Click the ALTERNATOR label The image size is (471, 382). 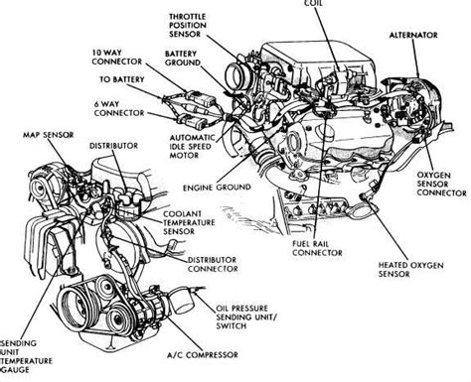[x=413, y=35]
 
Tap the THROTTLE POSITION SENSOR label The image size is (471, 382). [x=188, y=25]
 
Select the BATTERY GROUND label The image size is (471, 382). [x=183, y=58]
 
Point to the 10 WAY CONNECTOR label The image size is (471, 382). [x=117, y=57]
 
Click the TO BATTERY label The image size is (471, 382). [x=122, y=79]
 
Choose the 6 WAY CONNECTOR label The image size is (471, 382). [x=119, y=108]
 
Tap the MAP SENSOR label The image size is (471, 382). [x=49, y=135]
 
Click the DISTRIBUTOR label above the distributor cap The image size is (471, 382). [x=113, y=146]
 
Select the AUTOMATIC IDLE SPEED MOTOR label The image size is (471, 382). [x=192, y=146]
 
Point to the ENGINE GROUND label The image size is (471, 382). [x=217, y=188]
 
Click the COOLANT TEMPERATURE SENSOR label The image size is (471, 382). [x=189, y=222]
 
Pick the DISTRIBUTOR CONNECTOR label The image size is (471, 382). [x=213, y=264]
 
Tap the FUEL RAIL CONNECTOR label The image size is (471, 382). [x=317, y=248]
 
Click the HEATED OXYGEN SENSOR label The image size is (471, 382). [x=410, y=269]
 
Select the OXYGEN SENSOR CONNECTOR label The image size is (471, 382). [x=441, y=184]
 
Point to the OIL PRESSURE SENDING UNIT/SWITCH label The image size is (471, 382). [x=246, y=317]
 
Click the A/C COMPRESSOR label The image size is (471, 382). [x=203, y=355]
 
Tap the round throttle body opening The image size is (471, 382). [x=236, y=76]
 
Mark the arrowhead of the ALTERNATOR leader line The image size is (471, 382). [x=417, y=75]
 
